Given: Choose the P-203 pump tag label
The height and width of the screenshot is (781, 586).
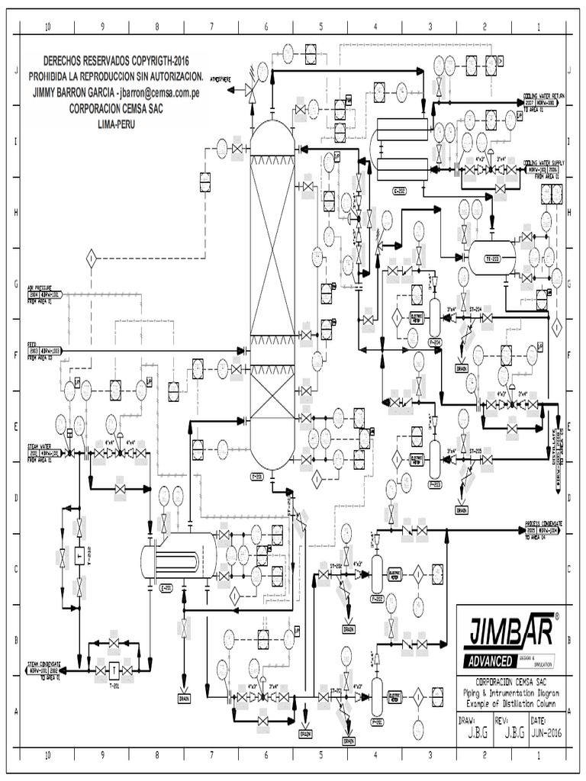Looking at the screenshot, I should coord(435,483).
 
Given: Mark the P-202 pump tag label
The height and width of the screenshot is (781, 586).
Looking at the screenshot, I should coord(377,599).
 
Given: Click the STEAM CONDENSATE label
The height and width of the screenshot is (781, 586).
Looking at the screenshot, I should coord(44,664).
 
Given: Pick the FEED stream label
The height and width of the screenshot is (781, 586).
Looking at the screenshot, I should coord(32,344).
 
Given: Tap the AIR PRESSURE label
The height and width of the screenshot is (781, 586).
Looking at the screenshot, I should coord(44,289).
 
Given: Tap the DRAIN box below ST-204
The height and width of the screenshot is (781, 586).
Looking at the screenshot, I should coord(462,367).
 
